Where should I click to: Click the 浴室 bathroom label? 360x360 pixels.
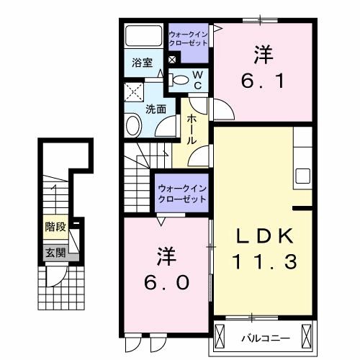[140, 63]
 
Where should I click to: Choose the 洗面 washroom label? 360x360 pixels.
[156, 109]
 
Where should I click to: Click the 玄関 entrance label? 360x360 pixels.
[55, 253]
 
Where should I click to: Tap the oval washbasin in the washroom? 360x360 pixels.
[133, 127]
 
